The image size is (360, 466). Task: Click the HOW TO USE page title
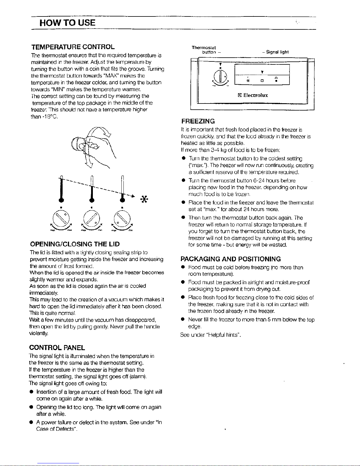coord(68,23)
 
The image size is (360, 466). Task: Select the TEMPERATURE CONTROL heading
coord(73,47)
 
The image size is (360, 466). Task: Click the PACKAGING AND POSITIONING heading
coord(231,259)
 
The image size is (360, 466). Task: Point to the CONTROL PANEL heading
coord(57,348)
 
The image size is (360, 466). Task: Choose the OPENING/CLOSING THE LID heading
coord(75,244)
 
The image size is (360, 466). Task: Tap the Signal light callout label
coord(277,52)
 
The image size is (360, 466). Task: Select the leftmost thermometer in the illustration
coord(62,190)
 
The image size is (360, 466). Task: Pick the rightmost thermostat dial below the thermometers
coord(122,219)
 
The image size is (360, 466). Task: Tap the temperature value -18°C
coord(47,116)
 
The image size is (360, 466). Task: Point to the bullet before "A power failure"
coord(31,422)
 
